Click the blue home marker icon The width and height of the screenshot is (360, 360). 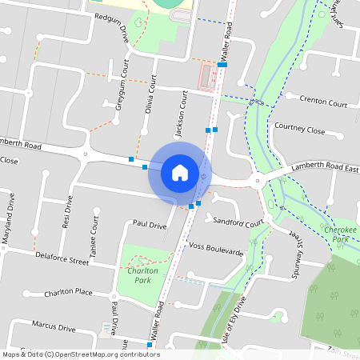tap(180, 172)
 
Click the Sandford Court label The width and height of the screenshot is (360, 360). tap(239, 224)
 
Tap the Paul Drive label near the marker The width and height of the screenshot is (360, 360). tap(150, 226)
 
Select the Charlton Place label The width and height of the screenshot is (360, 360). tap(70, 292)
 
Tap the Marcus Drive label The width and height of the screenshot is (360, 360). tap(53, 327)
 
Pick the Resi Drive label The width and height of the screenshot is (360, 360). tap(66, 215)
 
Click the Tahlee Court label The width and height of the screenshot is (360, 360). tap(94, 232)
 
